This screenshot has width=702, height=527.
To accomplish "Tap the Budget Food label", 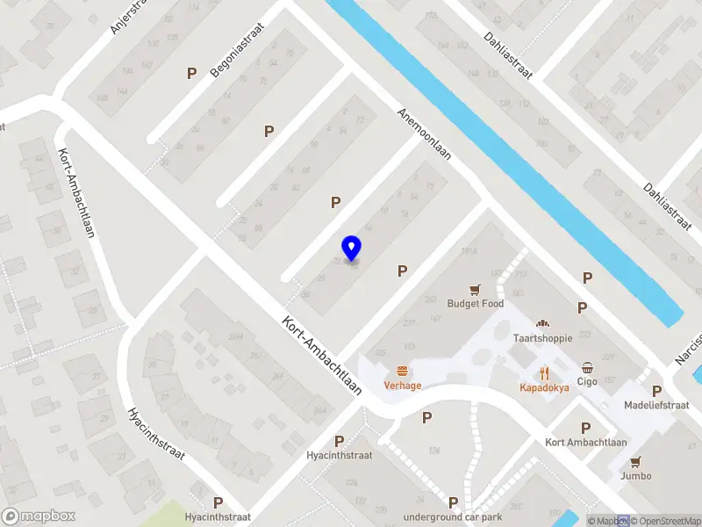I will point(475,304).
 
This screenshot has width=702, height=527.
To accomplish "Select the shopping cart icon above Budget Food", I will point(475,288).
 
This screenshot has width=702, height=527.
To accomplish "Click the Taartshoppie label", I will point(542,338).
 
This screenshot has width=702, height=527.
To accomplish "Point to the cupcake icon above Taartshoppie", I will point(542,323).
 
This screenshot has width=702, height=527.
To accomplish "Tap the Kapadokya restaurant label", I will point(544,386).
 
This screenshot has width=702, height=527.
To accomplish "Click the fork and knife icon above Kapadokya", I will point(544,372).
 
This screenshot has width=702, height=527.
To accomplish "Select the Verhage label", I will point(403,386).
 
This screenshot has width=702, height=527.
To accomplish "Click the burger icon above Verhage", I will point(403,371).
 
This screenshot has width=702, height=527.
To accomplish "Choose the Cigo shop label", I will point(587,381).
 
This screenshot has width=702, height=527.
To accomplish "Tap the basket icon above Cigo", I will point(587,367).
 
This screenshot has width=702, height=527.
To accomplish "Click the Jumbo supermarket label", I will point(635,476).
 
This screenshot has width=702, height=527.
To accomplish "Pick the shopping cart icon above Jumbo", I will point(635,461).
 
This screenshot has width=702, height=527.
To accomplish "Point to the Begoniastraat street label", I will point(238,52).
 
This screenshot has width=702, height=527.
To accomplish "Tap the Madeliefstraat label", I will point(656,405).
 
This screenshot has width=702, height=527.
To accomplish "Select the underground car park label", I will point(453,516).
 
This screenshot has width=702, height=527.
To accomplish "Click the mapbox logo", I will point(38,516).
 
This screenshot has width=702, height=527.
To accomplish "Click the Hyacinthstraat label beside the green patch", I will point(218,517).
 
